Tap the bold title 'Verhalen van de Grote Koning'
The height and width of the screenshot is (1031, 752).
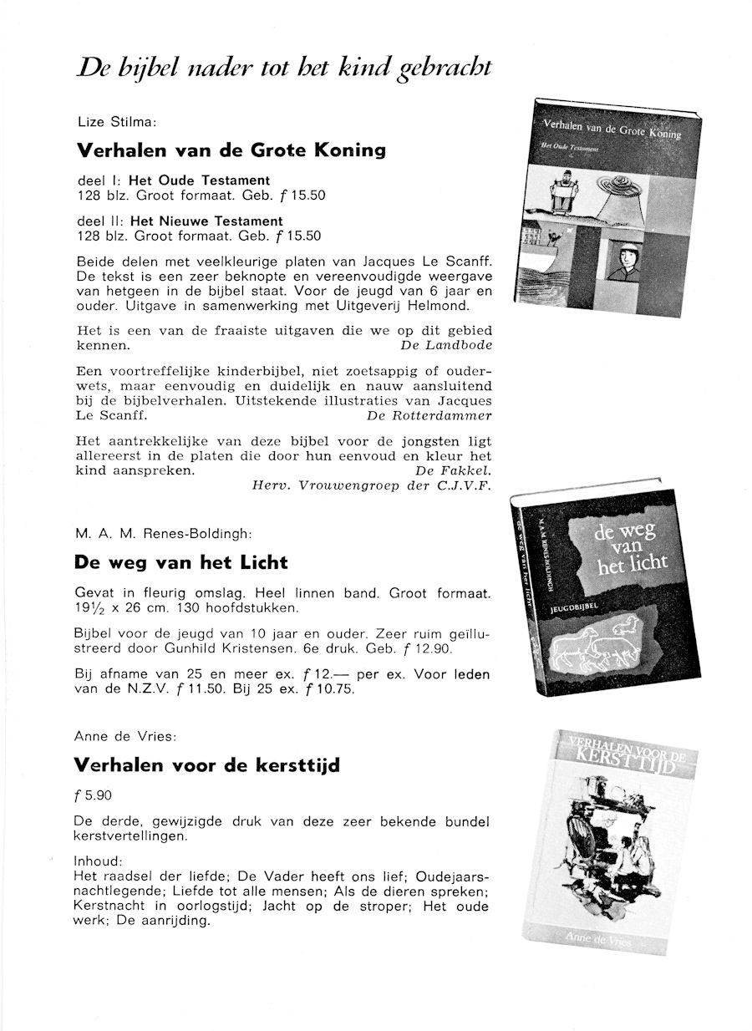231,151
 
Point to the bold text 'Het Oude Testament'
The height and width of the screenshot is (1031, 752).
199,180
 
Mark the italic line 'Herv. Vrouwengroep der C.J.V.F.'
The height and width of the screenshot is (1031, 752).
372,485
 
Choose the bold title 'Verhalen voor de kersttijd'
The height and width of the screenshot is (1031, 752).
207,765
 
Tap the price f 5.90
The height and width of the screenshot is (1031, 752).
93,795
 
